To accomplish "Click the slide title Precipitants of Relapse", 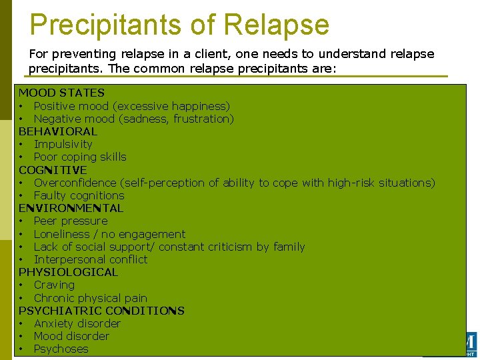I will (x=179, y=25).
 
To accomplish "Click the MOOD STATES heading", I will (x=61, y=93).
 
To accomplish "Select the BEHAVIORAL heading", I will (x=57, y=131).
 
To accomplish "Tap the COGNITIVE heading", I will (x=53, y=170).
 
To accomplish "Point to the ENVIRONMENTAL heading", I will (x=71, y=208).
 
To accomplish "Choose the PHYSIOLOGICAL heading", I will (x=68, y=272).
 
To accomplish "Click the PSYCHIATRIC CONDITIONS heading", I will (x=101, y=311).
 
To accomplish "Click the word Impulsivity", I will (x=63, y=144).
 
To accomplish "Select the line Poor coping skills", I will (x=80, y=157).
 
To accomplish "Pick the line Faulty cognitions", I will (x=79, y=195).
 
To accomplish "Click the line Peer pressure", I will (x=71, y=221).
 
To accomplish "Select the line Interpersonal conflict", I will (x=91, y=259).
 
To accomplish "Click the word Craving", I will (x=54, y=285).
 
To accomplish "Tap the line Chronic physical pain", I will (x=90, y=298).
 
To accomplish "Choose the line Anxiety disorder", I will (x=77, y=323).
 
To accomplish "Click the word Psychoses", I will (x=61, y=349).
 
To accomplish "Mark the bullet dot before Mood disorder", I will (x=22, y=336).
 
